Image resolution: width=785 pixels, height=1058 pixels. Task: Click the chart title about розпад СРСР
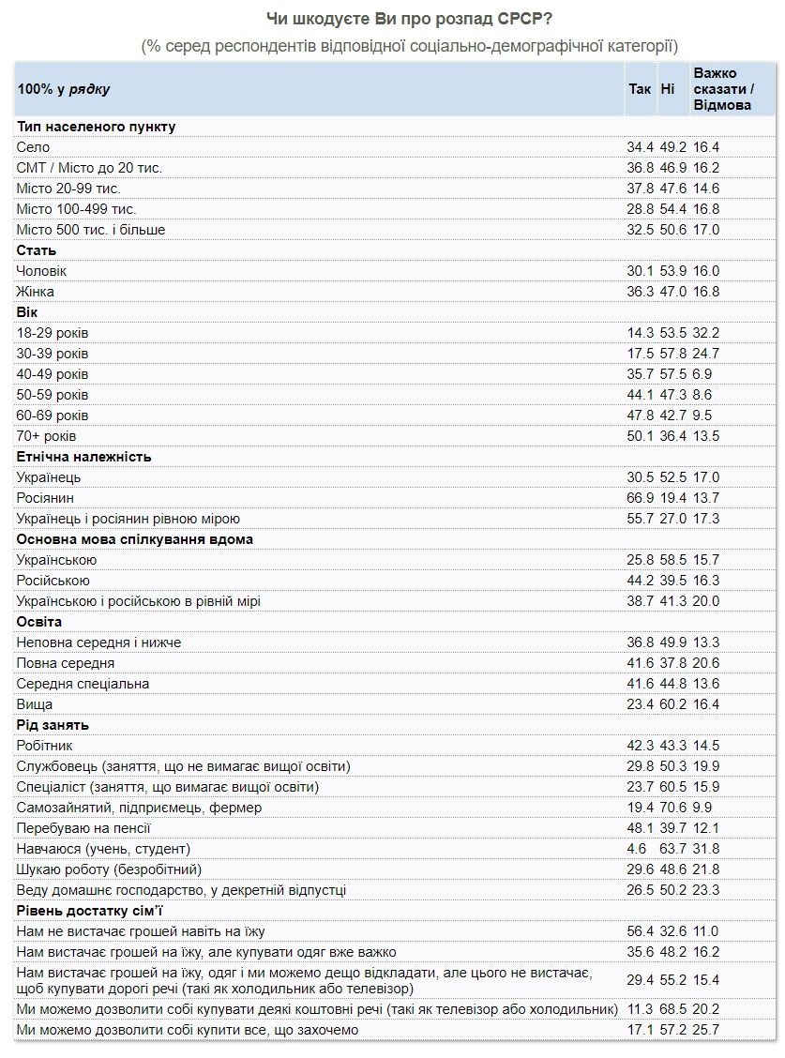(x=410, y=20)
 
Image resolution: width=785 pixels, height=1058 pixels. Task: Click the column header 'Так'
(x=639, y=89)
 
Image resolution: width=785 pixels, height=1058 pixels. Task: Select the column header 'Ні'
(x=668, y=89)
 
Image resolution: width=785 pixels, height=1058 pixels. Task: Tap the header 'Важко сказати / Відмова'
(x=723, y=89)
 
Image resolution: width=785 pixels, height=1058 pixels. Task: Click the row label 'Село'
(x=34, y=147)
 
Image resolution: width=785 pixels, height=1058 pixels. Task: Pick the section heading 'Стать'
(x=37, y=250)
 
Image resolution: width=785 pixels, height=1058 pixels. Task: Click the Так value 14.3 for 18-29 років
(x=641, y=333)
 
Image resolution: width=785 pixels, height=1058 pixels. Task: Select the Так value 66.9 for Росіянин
(x=641, y=498)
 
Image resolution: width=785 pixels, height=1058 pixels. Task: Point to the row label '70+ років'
(x=47, y=436)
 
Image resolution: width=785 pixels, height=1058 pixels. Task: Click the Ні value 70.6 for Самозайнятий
(x=672, y=808)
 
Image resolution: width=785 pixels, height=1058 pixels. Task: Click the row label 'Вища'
(x=35, y=704)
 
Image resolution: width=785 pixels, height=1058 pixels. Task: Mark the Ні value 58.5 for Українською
(x=672, y=560)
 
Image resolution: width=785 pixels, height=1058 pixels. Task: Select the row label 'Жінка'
(x=38, y=292)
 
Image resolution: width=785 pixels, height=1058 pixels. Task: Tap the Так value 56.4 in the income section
(x=641, y=931)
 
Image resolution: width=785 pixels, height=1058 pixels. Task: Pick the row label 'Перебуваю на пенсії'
(x=83, y=828)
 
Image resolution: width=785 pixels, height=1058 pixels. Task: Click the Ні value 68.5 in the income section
(x=672, y=1010)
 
